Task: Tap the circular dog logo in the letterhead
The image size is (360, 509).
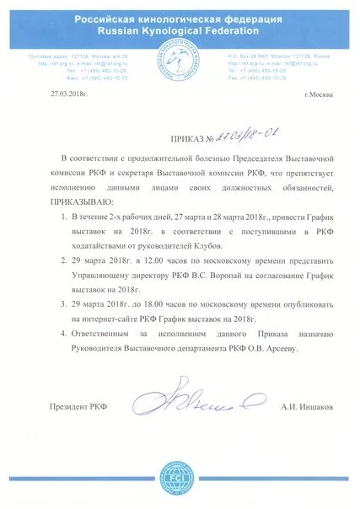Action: click(x=180, y=69)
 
